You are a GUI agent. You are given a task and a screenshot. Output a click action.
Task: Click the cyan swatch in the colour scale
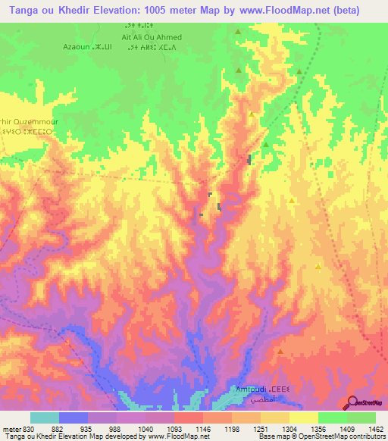click(45, 418)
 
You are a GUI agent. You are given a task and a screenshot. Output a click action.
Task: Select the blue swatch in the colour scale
click(74, 418)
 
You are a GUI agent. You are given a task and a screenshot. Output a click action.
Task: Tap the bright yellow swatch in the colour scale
click(303, 418)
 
